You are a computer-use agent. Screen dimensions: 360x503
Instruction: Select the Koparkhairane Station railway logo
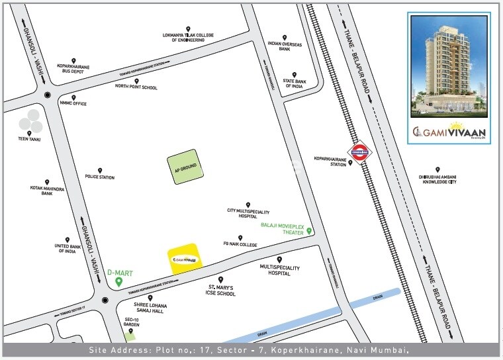click(361, 154)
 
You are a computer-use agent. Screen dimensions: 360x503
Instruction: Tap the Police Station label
click(99, 177)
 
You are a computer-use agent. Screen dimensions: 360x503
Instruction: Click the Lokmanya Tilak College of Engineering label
click(188, 38)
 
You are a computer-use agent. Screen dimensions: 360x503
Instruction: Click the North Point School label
click(136, 87)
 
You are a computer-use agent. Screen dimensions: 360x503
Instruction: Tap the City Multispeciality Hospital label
click(248, 214)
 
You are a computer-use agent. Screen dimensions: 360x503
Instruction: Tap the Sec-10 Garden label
click(130, 322)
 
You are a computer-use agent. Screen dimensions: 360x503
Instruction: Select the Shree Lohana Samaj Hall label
click(150, 307)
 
